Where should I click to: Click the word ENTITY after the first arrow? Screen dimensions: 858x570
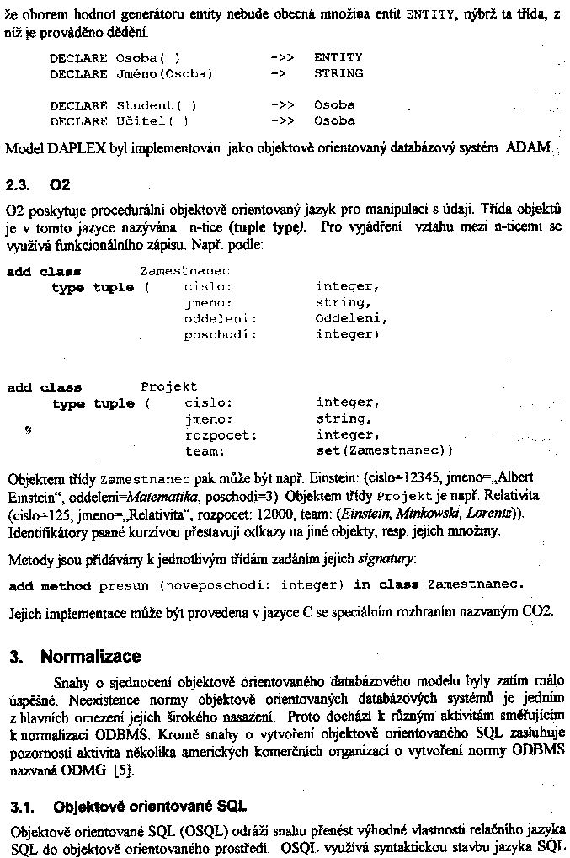(338, 57)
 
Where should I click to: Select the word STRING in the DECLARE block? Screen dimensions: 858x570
(338, 73)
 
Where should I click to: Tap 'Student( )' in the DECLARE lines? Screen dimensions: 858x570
(156, 105)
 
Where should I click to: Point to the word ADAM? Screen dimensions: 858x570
(528, 147)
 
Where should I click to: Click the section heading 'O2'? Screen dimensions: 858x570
(60, 184)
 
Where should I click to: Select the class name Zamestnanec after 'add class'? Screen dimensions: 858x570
(184, 271)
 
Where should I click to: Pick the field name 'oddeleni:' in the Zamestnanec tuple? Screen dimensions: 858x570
(220, 318)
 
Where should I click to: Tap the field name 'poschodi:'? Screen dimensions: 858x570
(220, 334)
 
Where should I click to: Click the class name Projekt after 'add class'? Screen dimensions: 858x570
(168, 386)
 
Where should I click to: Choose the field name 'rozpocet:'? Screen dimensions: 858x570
(220, 435)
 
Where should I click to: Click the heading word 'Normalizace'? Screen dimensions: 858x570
(91, 656)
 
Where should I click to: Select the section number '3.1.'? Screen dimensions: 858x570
(24, 806)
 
